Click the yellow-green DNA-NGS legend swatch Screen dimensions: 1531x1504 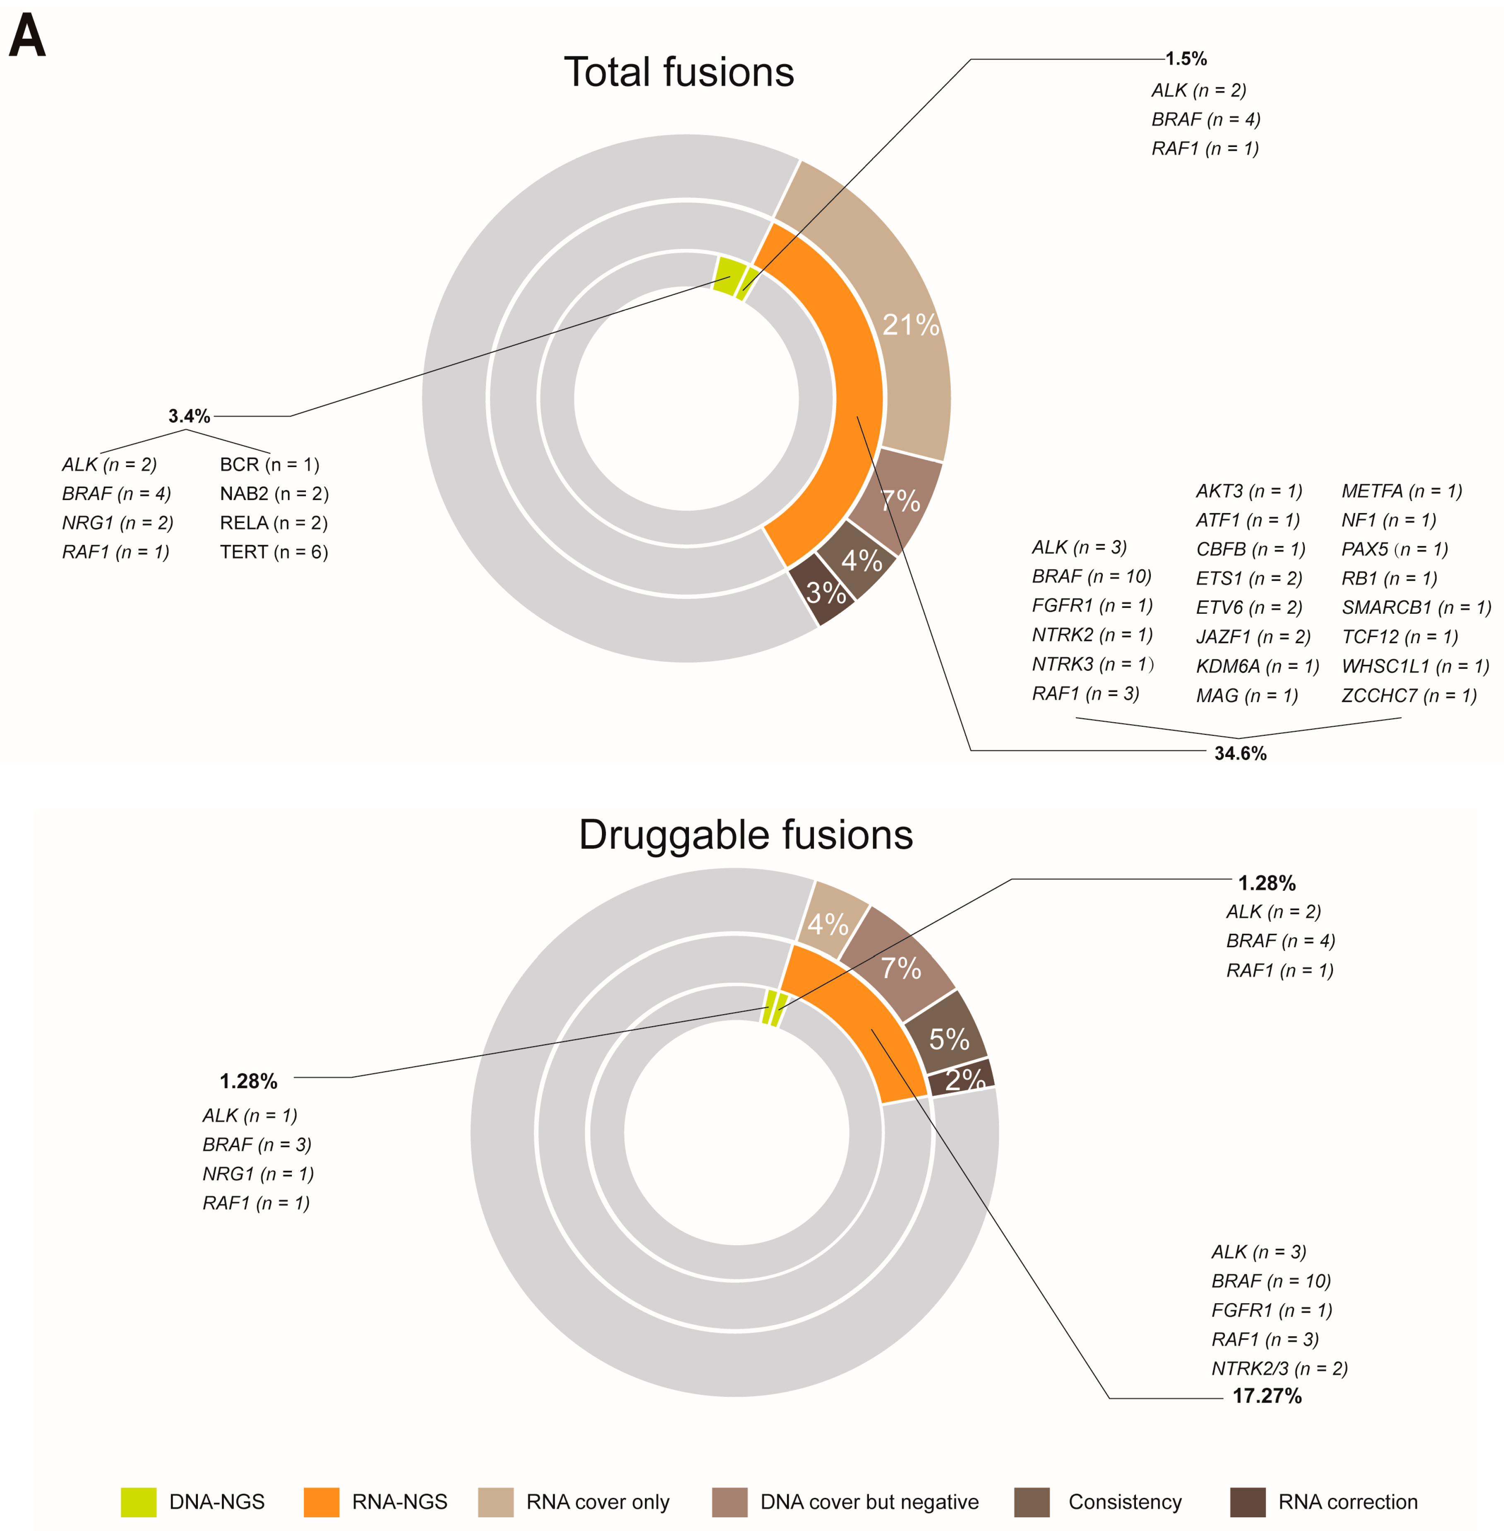[x=138, y=1502]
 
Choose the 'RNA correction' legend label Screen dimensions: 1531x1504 [x=1348, y=1502]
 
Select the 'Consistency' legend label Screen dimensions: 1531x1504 [x=1125, y=1502]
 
